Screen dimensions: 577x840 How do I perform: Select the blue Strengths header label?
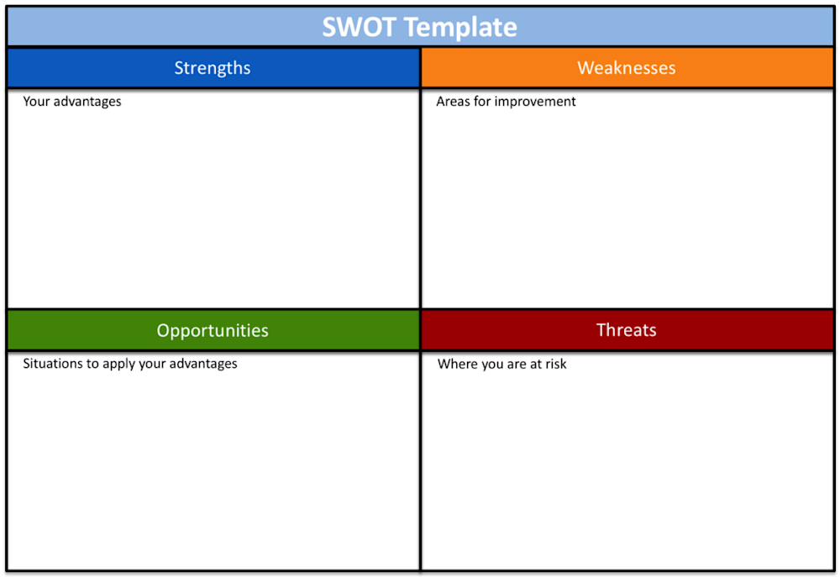213,68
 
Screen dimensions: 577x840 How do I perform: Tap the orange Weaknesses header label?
627,68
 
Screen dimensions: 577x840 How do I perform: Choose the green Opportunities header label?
213,330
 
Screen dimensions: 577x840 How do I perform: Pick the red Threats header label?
627,330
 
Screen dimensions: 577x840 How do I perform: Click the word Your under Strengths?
36,102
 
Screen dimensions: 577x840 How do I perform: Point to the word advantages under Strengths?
87,102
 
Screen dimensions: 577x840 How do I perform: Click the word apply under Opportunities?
119,365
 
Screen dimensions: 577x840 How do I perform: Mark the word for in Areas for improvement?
482,102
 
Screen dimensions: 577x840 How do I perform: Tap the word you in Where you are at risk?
493,365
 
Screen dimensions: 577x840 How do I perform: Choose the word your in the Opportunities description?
153,365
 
